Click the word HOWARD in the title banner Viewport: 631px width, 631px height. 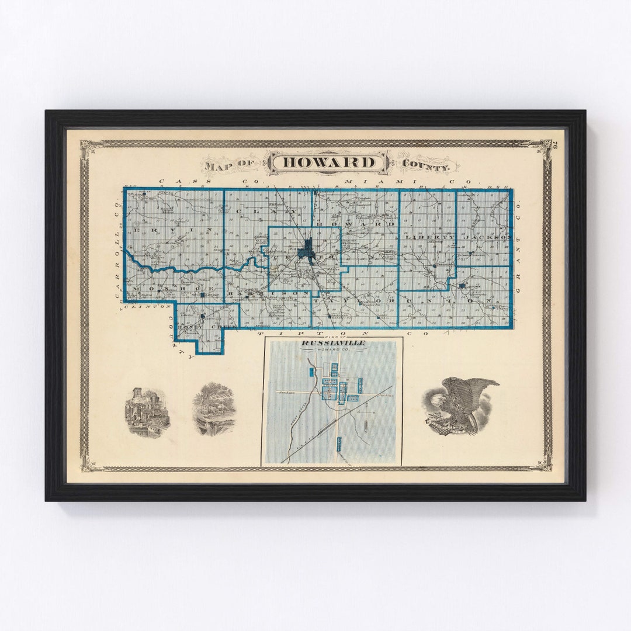(327, 162)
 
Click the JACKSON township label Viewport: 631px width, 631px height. (487, 237)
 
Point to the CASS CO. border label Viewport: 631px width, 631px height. (175, 182)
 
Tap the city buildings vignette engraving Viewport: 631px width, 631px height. (147, 412)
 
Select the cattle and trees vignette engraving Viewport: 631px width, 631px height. (214, 408)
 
